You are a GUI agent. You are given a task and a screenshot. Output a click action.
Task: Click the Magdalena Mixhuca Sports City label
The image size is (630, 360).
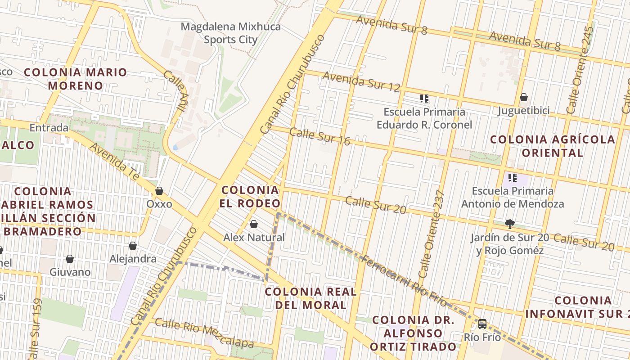[230, 33]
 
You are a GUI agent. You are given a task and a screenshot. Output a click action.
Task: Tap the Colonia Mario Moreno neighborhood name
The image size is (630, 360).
[76, 79]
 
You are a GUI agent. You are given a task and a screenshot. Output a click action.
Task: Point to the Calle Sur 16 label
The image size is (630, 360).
[319, 136]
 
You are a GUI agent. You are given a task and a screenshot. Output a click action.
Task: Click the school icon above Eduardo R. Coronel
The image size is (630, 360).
[424, 98]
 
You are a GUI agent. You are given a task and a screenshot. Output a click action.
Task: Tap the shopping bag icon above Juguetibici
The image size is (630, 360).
[523, 97]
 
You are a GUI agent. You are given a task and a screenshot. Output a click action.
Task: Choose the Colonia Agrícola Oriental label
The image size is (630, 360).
[552, 146]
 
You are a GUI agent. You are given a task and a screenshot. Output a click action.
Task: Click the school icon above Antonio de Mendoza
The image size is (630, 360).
[512, 178]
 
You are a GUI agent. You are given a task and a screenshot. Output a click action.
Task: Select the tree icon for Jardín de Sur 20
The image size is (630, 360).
[509, 224]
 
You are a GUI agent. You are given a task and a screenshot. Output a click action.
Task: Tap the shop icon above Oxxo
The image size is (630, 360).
[159, 191]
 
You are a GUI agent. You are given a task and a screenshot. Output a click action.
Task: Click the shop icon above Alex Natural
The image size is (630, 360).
[254, 224]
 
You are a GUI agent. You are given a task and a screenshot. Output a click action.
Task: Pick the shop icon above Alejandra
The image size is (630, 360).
[133, 246]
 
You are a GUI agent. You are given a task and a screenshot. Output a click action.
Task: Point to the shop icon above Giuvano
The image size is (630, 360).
[70, 259]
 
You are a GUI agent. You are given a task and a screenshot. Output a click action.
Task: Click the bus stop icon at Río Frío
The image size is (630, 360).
[482, 324]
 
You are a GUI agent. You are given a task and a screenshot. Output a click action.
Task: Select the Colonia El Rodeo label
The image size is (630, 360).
[250, 197]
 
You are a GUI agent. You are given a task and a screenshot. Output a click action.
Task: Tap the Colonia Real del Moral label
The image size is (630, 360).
[310, 298]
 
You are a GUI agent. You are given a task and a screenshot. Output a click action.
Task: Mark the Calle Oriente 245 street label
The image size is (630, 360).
[580, 70]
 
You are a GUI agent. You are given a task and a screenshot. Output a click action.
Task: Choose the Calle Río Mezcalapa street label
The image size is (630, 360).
[204, 333]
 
